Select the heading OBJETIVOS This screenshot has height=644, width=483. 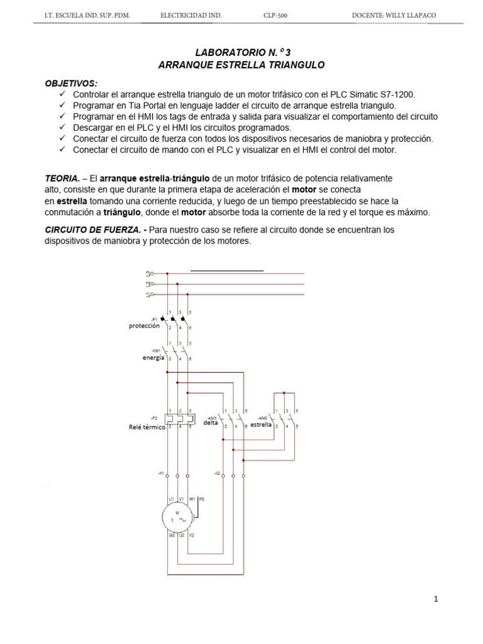point(71,83)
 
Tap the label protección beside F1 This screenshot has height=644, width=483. point(145,326)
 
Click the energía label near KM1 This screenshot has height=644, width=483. point(153,357)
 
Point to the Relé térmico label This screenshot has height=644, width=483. point(147,427)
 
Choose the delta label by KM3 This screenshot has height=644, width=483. point(210,423)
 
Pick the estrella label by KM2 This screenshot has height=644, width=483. point(262,425)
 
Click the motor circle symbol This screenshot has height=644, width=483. point(180,518)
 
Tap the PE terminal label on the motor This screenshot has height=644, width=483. point(202,498)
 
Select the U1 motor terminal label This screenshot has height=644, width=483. point(170,499)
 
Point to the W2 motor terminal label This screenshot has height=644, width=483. point(171,535)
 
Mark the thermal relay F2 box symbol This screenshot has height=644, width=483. point(179,418)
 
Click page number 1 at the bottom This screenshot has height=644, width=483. point(435,599)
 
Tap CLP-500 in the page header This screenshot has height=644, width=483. point(275,15)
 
